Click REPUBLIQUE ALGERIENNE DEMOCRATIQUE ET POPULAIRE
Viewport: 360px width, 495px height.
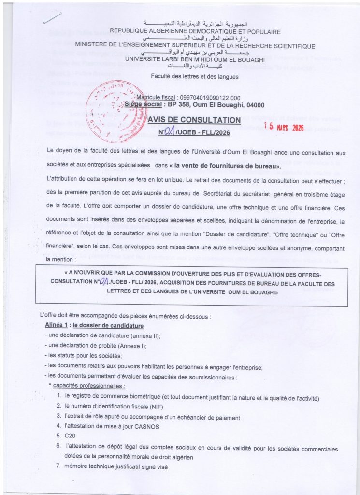point(195,32)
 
